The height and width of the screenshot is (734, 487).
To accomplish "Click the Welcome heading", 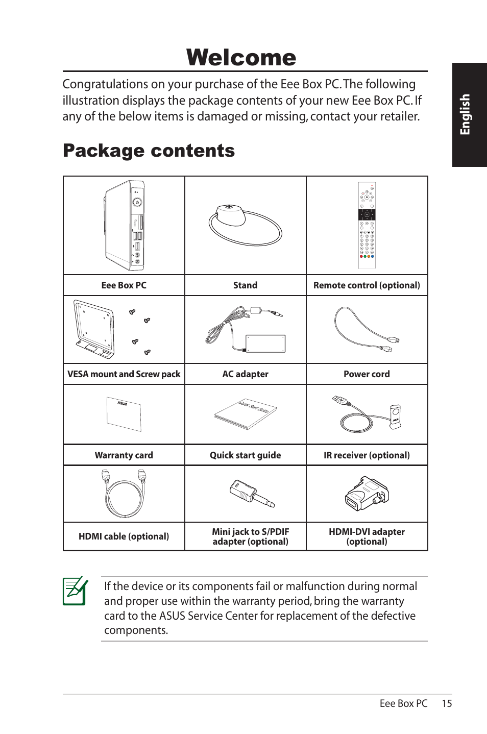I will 241,57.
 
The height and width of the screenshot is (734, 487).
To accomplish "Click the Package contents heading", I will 149,151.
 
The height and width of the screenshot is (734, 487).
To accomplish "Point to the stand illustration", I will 245,225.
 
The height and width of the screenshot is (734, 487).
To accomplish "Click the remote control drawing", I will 367,225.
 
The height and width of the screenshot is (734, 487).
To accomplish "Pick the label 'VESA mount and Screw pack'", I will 124,374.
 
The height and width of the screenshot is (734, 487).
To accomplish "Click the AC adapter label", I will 245,374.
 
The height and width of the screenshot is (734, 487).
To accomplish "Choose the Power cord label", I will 367,374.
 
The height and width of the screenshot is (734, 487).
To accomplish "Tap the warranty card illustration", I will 124,414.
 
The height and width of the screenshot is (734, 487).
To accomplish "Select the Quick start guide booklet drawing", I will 246,414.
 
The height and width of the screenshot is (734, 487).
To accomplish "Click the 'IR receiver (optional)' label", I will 367,455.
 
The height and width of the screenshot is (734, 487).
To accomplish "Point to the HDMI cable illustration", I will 124,494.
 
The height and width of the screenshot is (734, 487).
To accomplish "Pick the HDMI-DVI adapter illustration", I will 367,493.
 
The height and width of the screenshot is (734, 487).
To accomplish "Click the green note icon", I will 75,591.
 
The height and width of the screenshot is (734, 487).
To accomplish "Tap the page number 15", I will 447,703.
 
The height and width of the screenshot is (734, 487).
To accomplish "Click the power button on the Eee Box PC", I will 137,202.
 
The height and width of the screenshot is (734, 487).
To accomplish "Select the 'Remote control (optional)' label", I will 367,285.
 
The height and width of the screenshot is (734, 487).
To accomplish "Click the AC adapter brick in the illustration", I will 265,344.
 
